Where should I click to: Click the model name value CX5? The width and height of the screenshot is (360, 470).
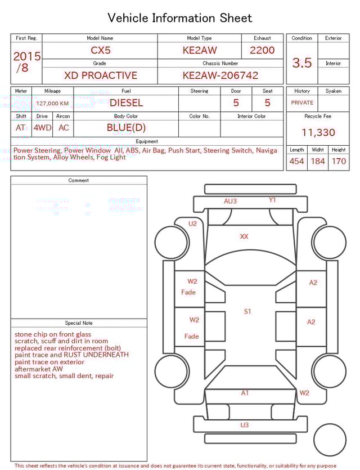(x=101, y=50)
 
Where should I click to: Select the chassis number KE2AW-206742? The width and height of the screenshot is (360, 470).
(x=220, y=75)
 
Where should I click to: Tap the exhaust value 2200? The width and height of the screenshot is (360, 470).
(x=262, y=50)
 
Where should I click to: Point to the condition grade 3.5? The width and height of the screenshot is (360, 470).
(x=301, y=63)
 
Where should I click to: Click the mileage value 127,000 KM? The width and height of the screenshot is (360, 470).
(x=52, y=104)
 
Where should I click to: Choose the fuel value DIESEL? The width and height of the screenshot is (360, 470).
(x=126, y=103)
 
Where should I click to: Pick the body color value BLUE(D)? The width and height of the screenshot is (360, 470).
(x=126, y=128)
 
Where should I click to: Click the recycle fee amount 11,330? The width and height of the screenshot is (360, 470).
(x=318, y=133)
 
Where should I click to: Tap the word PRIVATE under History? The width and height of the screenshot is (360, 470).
(x=302, y=103)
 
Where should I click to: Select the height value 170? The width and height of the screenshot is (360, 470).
(x=339, y=162)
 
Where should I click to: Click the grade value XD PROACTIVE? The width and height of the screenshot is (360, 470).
(x=100, y=75)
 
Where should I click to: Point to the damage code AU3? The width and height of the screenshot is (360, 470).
(x=230, y=201)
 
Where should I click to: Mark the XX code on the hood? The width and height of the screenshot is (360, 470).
(x=244, y=237)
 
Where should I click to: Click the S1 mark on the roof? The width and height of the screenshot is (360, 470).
(x=247, y=311)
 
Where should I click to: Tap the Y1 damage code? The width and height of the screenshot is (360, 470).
(x=272, y=200)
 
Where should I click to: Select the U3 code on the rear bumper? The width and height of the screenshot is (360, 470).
(x=244, y=425)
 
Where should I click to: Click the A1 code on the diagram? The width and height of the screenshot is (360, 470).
(x=245, y=393)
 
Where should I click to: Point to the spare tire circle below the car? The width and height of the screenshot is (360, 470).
(x=330, y=440)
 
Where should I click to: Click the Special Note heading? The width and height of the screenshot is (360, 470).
(x=79, y=323)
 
